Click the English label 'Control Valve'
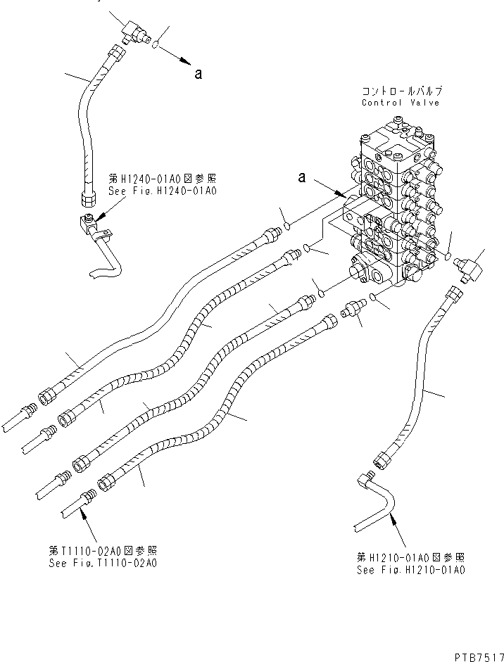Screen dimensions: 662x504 (x=400, y=103)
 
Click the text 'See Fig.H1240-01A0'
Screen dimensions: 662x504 (x=152, y=191)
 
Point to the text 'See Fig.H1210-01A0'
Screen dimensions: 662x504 (x=411, y=571)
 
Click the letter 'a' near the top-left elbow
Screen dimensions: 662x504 (x=199, y=74)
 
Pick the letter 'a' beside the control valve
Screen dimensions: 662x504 (x=301, y=179)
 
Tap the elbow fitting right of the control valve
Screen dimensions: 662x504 (x=465, y=267)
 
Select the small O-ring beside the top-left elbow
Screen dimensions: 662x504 (x=156, y=44)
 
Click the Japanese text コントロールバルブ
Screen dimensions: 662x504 (x=401, y=91)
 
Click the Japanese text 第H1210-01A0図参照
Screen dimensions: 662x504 (x=410, y=560)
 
